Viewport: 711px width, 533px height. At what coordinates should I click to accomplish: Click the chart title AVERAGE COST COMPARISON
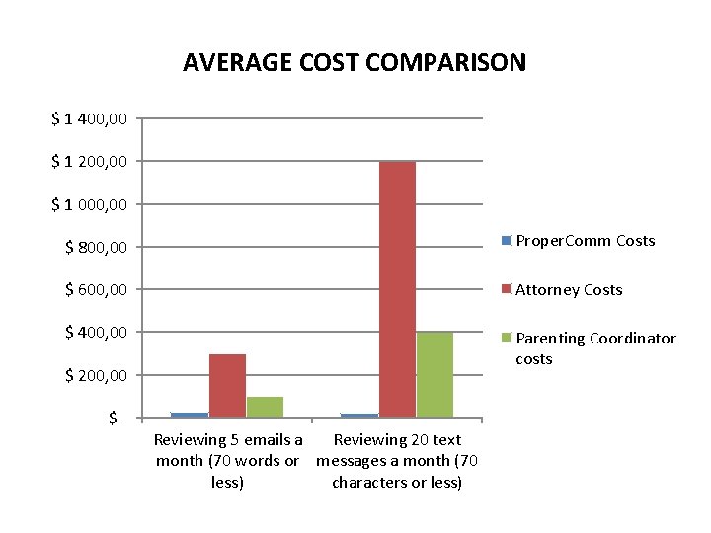coord(355,63)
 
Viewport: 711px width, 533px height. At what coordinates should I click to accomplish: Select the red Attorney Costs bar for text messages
coord(397,288)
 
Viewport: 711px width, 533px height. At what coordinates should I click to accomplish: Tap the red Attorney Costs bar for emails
coord(227,385)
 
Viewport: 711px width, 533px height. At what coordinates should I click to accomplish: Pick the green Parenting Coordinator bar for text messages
coord(434,374)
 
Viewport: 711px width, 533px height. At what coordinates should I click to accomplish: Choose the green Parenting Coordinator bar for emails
coord(265,407)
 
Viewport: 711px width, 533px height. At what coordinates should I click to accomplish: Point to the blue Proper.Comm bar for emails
coord(190,415)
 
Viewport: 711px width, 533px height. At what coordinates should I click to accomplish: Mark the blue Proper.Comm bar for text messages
coord(359,415)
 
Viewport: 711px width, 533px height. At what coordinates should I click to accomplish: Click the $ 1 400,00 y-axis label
coord(89,118)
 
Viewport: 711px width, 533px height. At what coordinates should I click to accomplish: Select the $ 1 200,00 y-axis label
coord(89,161)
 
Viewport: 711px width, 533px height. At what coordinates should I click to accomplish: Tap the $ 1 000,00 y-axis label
coord(89,204)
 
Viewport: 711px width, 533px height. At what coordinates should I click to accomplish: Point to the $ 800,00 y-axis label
coord(96,247)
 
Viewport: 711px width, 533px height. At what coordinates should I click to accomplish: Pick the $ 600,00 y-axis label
coord(96,289)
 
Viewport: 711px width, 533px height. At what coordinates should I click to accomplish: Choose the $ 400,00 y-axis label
coord(96,333)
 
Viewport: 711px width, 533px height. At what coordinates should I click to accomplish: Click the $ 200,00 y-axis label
coord(96,375)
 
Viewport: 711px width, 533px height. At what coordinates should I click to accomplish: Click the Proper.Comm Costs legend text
coord(586,241)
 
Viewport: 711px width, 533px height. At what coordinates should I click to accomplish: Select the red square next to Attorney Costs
coord(507,289)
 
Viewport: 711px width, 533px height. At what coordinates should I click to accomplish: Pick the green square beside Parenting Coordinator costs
coord(507,338)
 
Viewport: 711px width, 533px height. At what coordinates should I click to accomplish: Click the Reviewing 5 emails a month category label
coord(227,461)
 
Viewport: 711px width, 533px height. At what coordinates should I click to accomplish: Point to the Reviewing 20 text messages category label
coord(397,461)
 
